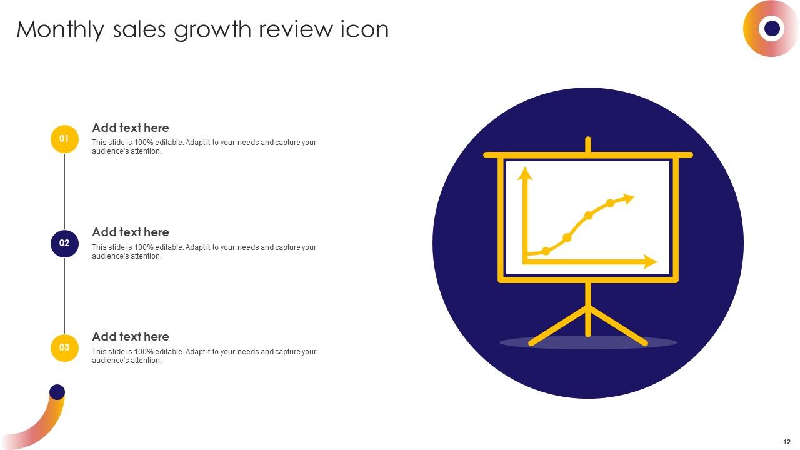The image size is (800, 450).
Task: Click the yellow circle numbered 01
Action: pos(64,139)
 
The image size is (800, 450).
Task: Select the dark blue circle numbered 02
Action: pos(64,243)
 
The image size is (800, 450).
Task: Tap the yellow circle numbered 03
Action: pos(64,347)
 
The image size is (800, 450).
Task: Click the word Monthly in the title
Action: pos(60,30)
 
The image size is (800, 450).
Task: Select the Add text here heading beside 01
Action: pos(131,127)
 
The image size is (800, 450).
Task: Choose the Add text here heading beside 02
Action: pos(131,232)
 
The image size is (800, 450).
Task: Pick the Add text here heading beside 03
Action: pos(131,336)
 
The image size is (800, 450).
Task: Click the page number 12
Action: pos(786,441)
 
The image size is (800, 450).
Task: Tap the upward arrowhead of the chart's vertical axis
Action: pos(526,173)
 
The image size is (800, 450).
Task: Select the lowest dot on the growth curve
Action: pos(546,251)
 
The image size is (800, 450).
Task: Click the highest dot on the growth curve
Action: pos(610,203)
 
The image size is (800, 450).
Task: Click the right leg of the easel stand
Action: pos(619,326)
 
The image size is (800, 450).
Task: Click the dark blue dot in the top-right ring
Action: pos(772,28)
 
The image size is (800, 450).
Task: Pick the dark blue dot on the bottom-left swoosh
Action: pos(57,392)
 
